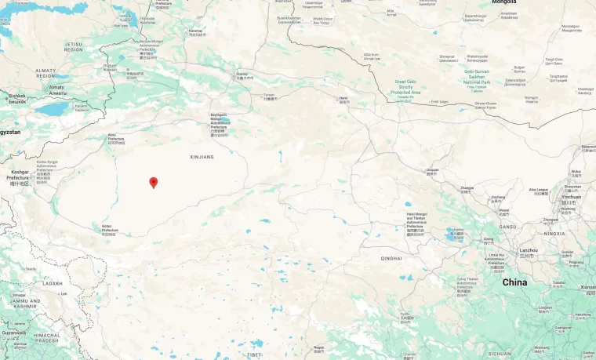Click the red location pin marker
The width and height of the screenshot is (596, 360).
(154, 183)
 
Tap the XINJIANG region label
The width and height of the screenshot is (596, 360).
(202, 157)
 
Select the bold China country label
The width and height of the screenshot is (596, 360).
(514, 282)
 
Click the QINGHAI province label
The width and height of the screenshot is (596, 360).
(391, 258)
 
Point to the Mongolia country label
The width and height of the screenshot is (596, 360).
(503, 2)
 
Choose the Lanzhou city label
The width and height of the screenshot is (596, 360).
(529, 250)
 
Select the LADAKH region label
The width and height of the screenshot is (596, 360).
(53, 283)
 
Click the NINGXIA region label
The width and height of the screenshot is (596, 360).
(554, 233)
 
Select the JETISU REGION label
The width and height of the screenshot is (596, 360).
(73, 46)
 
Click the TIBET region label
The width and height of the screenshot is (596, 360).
(254, 355)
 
